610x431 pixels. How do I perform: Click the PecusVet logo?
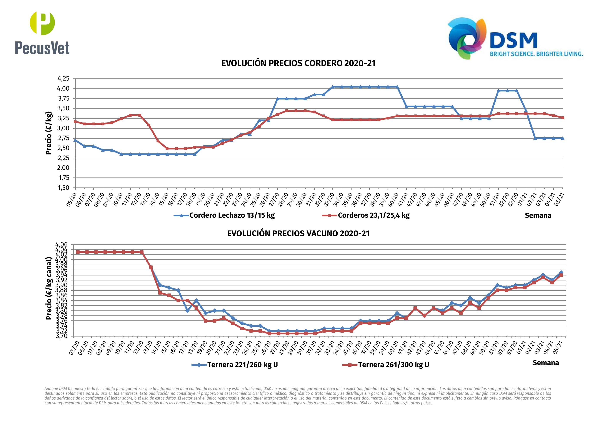[42, 33]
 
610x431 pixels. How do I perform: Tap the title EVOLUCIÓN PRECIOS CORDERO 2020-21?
[298, 63]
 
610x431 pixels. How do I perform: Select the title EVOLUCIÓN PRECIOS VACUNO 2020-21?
[298, 234]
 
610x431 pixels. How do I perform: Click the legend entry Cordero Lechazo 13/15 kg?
[232, 215]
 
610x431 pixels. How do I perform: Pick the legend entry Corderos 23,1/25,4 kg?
[373, 215]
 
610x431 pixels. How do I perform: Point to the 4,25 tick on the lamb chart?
[63, 79]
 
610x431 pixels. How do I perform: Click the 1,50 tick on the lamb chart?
[63, 188]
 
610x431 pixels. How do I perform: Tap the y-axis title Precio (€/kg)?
[49, 133]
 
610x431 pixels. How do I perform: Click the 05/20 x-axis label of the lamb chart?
[72, 199]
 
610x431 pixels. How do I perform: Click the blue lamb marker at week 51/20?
[498, 91]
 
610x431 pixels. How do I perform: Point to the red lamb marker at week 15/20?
[167, 148]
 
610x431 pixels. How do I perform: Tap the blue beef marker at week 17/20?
[187, 310]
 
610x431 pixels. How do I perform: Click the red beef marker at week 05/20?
[78, 252]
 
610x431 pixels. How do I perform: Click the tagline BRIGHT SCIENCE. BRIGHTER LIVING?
[536, 54]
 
